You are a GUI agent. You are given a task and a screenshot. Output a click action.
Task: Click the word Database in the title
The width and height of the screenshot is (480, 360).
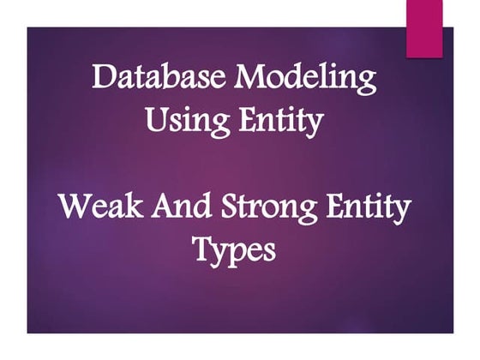point(160,78)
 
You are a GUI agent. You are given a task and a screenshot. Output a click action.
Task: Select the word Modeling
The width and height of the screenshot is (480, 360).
point(306,79)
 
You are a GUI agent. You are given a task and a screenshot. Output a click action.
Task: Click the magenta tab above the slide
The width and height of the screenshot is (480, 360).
point(423,28)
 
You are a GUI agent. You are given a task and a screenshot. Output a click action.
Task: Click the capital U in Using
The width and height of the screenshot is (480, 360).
point(154,119)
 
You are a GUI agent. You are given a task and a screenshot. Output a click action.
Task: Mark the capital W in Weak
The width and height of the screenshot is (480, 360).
point(72,208)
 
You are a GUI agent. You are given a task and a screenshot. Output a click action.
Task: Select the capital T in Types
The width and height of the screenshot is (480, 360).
point(202,250)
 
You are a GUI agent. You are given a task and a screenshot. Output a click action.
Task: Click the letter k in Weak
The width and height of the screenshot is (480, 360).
point(126,208)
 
